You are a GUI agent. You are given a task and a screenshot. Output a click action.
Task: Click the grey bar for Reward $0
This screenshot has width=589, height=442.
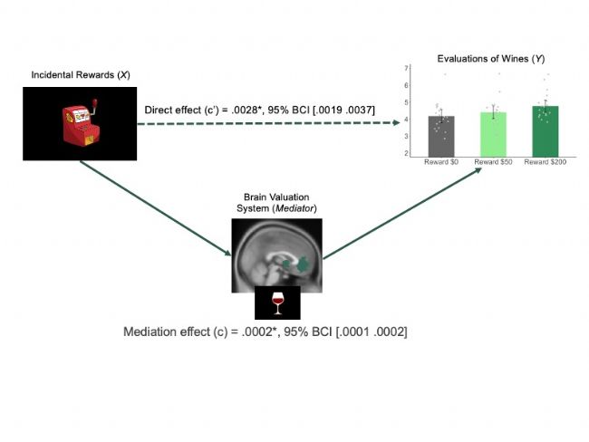[441, 137]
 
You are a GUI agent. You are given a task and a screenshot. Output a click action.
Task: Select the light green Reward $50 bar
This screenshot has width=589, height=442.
[493, 135]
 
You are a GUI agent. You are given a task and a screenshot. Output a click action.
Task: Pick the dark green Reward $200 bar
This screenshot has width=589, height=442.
[546, 132]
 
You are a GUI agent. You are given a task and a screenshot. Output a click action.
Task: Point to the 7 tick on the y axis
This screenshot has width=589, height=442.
[407, 68]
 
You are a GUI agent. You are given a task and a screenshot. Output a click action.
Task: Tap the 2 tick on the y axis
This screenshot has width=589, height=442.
[407, 153]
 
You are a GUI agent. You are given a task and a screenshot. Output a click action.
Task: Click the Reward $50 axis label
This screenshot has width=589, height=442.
[493, 162]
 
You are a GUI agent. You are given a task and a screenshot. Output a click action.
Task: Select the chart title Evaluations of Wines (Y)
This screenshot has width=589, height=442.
[491, 59]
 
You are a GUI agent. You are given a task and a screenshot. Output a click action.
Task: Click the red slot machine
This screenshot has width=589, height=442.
[82, 122]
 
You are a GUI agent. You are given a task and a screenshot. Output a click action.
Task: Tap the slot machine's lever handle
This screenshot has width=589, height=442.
[94, 103]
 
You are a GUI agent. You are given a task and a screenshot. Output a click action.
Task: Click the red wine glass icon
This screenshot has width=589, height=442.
[277, 303]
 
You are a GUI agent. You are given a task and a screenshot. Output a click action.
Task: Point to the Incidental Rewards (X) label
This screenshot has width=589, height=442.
[81, 75]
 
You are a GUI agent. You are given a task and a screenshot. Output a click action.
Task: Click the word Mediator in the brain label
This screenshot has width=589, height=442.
[294, 208]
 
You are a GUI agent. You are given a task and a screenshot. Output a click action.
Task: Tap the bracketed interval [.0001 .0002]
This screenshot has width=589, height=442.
[372, 332]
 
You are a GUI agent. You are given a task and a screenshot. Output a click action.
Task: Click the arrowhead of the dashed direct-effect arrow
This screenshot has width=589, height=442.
[396, 122]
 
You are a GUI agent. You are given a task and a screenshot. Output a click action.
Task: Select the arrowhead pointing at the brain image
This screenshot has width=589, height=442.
[227, 253]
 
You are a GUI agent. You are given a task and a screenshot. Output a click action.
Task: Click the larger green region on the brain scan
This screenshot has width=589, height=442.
[303, 264]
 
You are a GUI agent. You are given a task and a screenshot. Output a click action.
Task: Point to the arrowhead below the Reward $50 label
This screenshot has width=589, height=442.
[478, 170]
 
